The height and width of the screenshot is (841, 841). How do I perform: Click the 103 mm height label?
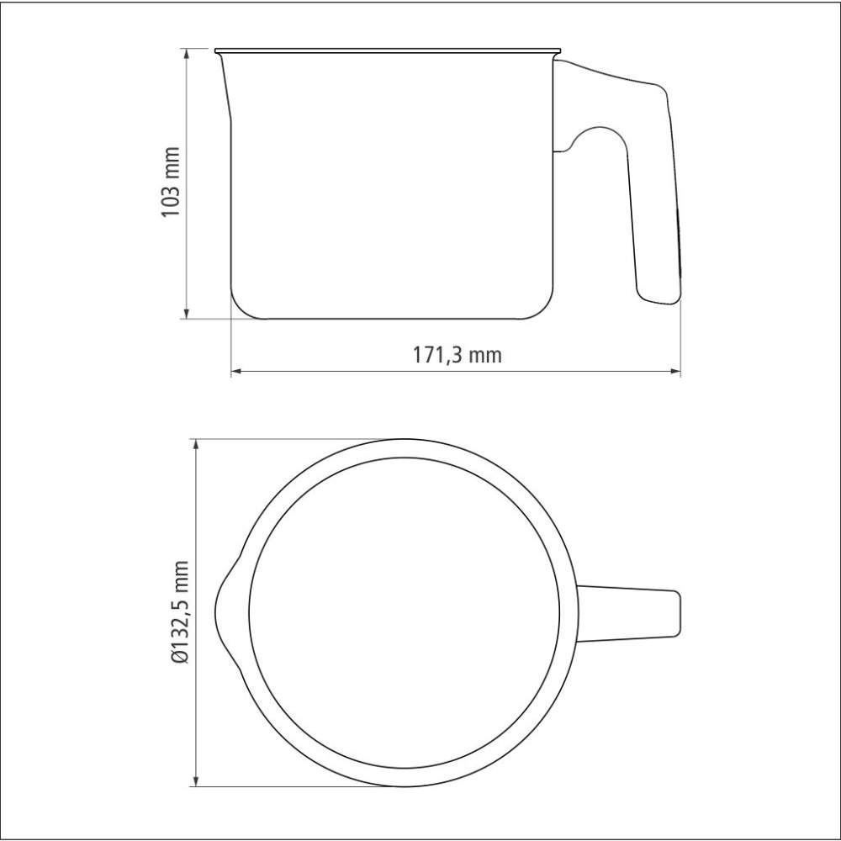171,182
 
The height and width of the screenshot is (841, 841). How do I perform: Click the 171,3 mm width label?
457,355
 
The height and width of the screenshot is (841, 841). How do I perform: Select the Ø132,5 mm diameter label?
180,612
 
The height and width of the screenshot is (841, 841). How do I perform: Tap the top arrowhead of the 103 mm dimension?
186,53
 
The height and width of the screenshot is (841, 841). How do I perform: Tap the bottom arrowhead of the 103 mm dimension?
186,314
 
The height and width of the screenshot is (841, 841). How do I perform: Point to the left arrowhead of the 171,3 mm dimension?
236,371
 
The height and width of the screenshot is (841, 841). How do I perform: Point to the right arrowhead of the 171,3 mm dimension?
674,371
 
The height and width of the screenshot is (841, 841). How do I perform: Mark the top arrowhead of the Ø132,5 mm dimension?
196,445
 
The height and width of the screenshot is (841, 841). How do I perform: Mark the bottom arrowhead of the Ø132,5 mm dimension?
196,780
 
